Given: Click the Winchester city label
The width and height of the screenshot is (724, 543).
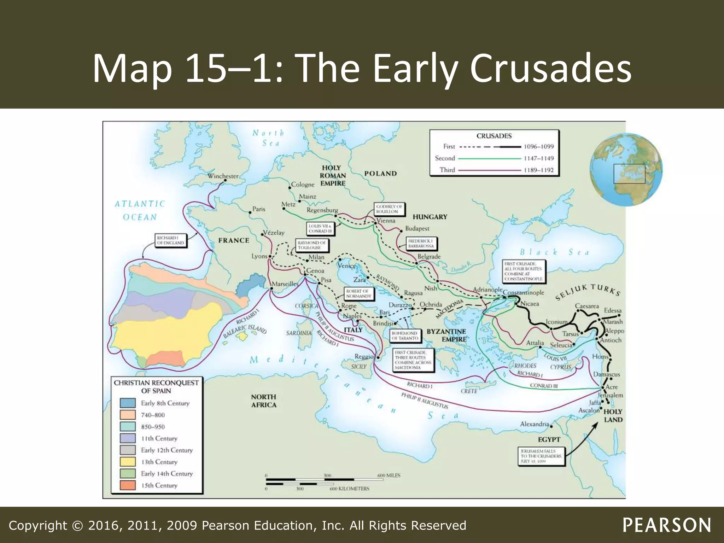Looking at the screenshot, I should point(223,176).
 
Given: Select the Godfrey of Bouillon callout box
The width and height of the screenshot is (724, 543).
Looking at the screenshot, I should point(389,209).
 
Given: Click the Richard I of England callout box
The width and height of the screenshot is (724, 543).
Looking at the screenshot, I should point(170,240).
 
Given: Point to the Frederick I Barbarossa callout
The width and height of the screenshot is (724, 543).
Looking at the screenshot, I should point(421,244).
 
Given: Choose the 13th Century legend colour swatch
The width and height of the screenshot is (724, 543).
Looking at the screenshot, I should point(128,462).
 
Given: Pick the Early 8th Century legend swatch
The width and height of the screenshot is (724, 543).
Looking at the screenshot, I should point(128,403).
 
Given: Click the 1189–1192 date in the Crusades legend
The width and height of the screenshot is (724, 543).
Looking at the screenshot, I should point(538,170).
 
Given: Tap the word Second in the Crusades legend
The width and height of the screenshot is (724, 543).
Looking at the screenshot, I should point(445,158).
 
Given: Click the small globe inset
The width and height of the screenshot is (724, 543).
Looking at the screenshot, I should point(626,170).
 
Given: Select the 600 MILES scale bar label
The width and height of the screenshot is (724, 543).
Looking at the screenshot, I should point(389,475).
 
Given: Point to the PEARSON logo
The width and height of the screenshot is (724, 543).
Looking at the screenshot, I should point(667,525).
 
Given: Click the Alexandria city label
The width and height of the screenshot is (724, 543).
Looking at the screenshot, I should point(534,424).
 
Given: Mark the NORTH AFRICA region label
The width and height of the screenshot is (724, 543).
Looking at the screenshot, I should point(264,401).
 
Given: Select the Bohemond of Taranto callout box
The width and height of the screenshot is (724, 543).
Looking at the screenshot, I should point(404,336).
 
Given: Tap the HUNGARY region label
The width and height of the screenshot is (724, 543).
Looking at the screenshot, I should point(430,217).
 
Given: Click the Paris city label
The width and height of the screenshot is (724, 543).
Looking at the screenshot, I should point(258,209).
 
